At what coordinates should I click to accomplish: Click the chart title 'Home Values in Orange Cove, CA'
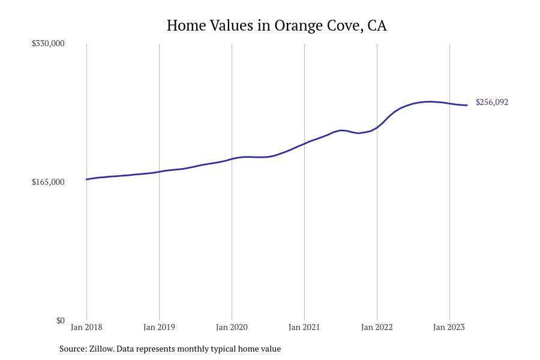click(x=277, y=26)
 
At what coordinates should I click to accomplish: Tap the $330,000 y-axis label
click(x=48, y=43)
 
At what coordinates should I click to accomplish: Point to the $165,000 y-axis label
click(x=48, y=182)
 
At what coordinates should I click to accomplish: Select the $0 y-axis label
click(x=60, y=320)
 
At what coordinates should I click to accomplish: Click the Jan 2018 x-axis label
click(x=86, y=327)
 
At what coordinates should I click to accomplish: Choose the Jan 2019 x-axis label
click(x=159, y=327)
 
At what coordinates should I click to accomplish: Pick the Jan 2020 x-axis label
click(x=232, y=327)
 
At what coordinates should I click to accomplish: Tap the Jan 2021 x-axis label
click(x=304, y=327)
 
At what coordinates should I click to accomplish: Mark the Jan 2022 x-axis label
click(x=377, y=327)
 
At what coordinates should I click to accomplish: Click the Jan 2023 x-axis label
click(x=449, y=327)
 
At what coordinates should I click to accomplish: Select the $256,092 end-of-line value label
click(x=492, y=102)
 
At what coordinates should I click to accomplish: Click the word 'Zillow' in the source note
click(x=101, y=349)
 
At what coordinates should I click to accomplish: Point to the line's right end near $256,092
click(x=467, y=106)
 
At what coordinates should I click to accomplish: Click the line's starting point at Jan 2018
click(x=86, y=179)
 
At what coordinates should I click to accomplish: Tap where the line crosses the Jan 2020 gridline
click(x=232, y=159)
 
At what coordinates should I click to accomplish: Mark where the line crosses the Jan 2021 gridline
click(x=304, y=143)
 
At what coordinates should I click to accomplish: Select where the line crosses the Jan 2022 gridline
click(x=377, y=127)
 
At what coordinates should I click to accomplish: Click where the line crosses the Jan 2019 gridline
click(x=159, y=172)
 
